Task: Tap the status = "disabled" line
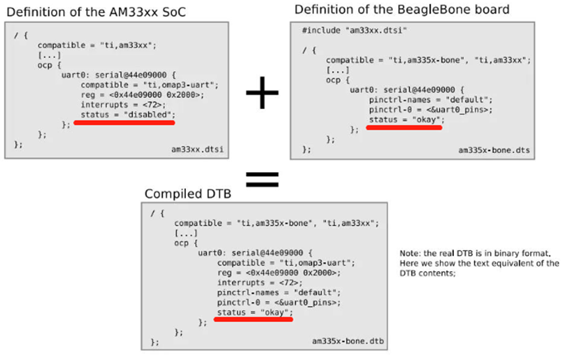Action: [x=125, y=114]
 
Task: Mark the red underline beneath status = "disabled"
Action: [x=125, y=123]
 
